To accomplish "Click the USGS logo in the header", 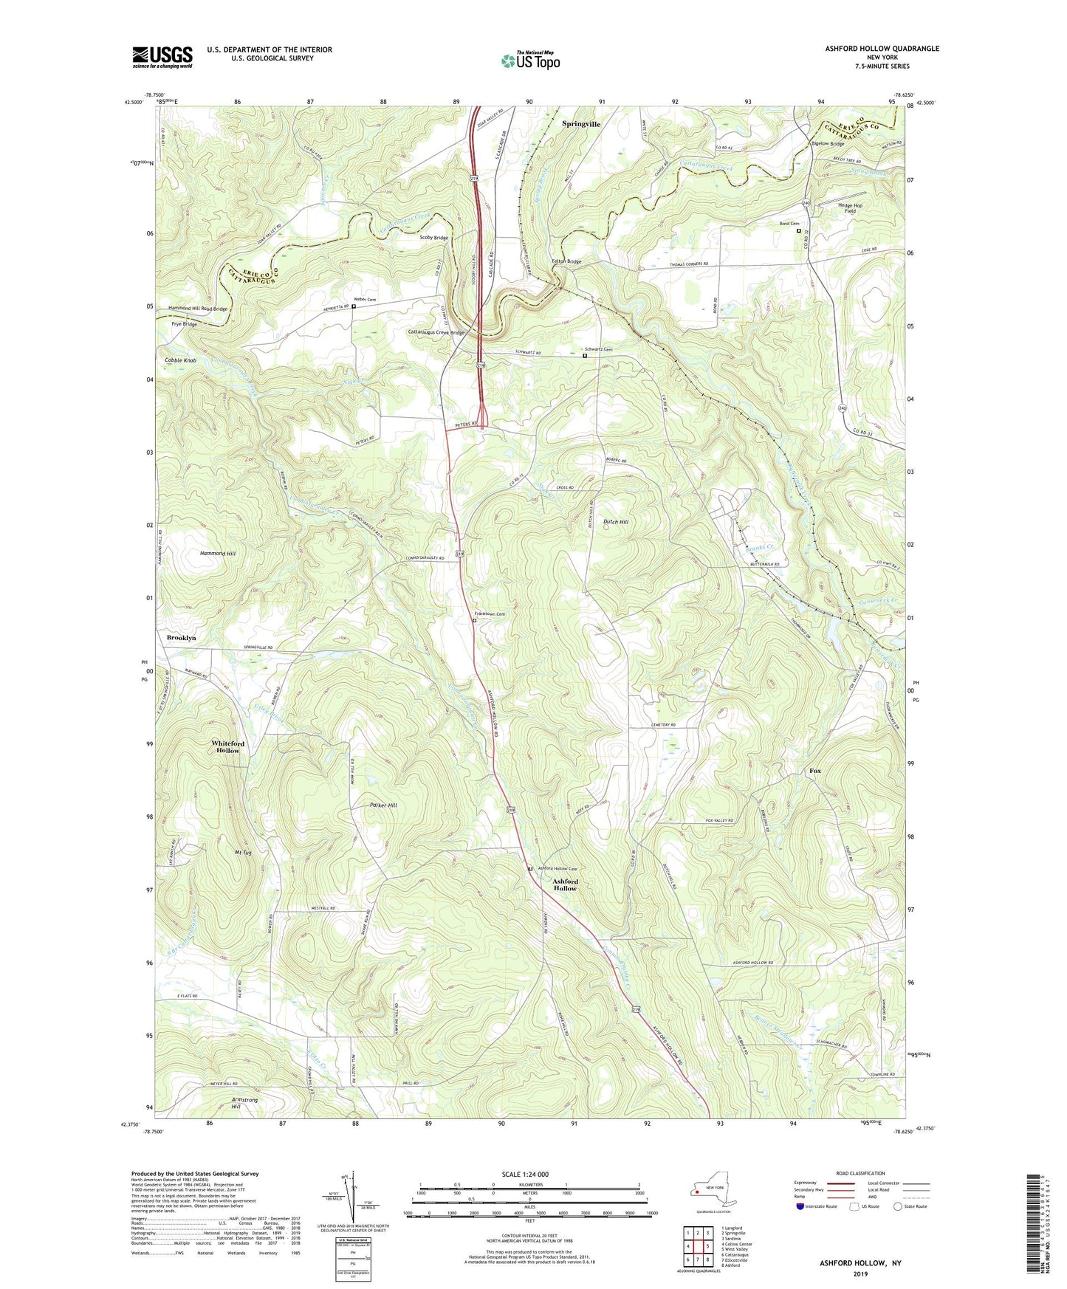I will pos(162,57).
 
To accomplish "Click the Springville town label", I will pos(581,124).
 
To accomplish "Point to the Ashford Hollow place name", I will pos(566,884).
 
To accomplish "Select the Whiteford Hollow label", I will pos(227,746).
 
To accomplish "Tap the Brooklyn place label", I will pos(181,637).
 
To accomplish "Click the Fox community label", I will pos(814,771).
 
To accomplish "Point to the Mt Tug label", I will pos(243,853).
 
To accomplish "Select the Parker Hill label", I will pos(383,805).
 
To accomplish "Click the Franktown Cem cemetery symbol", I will pos(474,621).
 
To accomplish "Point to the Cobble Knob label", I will pos(180,360).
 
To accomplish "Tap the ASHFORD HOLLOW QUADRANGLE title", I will pos(882,49).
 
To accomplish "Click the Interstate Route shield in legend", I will pos(800,1206).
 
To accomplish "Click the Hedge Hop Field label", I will pos(850,208).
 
